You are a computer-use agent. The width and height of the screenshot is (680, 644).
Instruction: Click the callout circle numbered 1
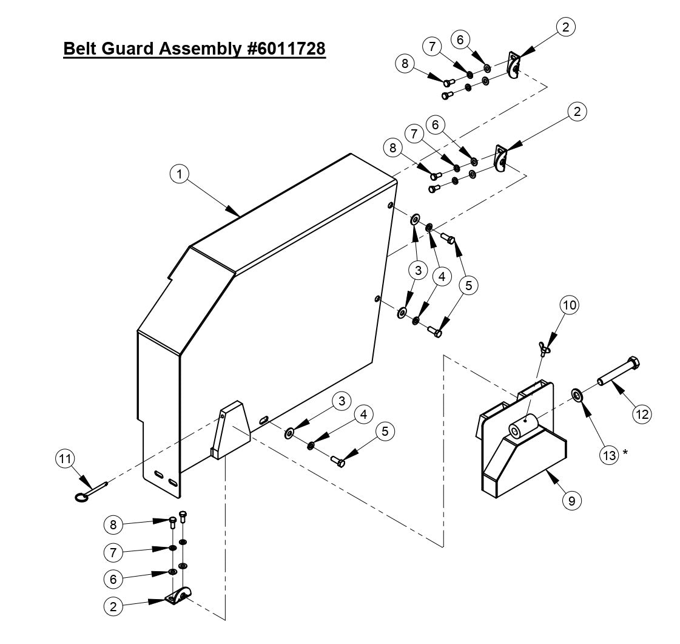click(179, 174)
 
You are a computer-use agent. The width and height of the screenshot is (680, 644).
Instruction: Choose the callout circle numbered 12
click(641, 413)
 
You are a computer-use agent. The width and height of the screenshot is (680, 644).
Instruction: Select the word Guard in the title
click(132, 48)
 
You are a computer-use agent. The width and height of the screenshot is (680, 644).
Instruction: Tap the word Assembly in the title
click(200, 48)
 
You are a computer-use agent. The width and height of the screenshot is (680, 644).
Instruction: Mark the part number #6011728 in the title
click(285, 48)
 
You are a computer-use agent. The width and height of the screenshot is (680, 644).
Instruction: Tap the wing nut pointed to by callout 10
click(544, 348)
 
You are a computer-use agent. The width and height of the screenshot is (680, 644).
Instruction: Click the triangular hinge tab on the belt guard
click(229, 430)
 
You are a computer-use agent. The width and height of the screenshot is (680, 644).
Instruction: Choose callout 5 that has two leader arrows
click(468, 284)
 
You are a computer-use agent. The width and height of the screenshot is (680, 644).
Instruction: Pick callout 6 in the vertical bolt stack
click(113, 579)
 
